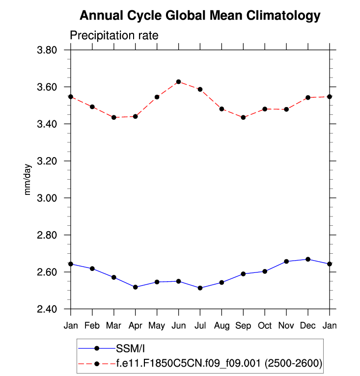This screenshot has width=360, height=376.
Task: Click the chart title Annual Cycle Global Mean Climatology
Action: pyautogui.click(x=199, y=16)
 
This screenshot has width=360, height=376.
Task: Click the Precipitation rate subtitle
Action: pyautogui.click(x=114, y=36)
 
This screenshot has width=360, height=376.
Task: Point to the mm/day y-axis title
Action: pyautogui.click(x=28, y=179)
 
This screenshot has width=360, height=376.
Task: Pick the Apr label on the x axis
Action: pyautogui.click(x=135, y=326)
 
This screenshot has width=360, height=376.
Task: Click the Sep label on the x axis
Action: pyautogui.click(x=243, y=326)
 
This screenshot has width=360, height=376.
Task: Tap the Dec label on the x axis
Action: pyautogui.click(x=308, y=326)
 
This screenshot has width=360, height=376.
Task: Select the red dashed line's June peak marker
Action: pyautogui.click(x=178, y=81)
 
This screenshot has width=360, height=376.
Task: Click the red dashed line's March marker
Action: pyautogui.click(x=114, y=117)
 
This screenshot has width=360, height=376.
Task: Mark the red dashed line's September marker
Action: pyautogui.click(x=243, y=117)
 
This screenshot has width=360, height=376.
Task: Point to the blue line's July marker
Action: pyautogui.click(x=200, y=288)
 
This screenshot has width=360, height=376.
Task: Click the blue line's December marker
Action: pyautogui.click(x=308, y=259)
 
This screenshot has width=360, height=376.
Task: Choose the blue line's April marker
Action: pyautogui.click(x=135, y=287)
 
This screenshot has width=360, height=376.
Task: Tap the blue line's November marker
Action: pyautogui.click(x=286, y=261)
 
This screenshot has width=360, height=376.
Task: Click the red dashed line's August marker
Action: pyautogui.click(x=222, y=109)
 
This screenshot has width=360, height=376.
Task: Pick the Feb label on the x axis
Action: pyautogui.click(x=92, y=326)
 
